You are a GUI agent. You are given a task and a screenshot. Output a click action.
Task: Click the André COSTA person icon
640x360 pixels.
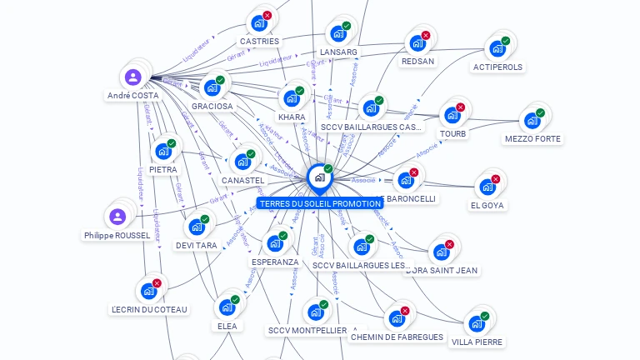pyautogui.click(x=132, y=77)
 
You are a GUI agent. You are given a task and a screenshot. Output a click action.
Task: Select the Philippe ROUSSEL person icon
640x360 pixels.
pyautogui.click(x=117, y=217)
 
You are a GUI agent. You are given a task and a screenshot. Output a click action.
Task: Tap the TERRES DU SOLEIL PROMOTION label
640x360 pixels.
pyautogui.click(x=320, y=203)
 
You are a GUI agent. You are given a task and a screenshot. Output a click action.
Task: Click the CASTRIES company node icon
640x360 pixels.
pyautogui.click(x=259, y=23)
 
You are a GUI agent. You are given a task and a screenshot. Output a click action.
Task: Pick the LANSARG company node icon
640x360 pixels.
pyautogui.click(x=338, y=33)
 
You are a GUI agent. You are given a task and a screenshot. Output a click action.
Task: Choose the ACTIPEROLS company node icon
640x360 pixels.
pyautogui.click(x=497, y=48)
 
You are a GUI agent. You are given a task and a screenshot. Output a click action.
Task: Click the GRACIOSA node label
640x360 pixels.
pyautogui.click(x=212, y=107)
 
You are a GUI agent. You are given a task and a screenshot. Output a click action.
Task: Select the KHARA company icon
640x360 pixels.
pyautogui.click(x=292, y=98)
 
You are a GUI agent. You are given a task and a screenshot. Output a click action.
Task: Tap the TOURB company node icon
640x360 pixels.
pyautogui.click(x=452, y=115)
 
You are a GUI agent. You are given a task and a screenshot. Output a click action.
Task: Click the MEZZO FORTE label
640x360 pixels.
pyautogui.click(x=532, y=138)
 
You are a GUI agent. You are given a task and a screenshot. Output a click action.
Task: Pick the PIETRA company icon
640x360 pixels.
pyautogui.click(x=163, y=152)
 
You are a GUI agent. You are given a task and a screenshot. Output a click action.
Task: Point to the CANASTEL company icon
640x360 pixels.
pyautogui.click(x=242, y=162)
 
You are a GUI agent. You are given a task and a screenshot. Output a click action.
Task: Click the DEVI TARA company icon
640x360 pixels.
pyautogui.click(x=197, y=227)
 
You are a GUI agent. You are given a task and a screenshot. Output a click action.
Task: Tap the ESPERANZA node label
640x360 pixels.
pyautogui.click(x=275, y=262)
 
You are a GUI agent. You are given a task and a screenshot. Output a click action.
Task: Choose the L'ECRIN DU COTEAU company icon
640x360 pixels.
pyautogui.click(x=148, y=291)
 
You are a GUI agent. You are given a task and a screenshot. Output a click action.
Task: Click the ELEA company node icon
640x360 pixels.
pyautogui.click(x=227, y=307)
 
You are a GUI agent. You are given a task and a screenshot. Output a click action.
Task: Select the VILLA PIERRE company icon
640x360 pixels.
pyautogui.click(x=477, y=323)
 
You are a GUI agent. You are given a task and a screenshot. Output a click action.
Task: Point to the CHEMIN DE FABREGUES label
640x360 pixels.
pyautogui.click(x=397, y=337)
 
